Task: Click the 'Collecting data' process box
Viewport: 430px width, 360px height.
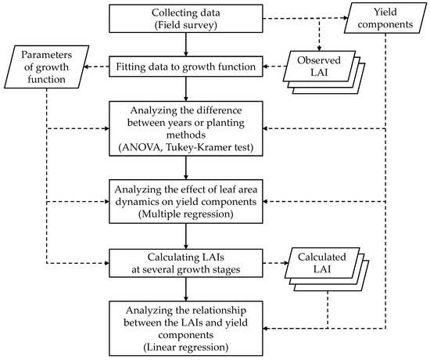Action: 186,21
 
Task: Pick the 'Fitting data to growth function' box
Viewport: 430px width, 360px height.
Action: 186,67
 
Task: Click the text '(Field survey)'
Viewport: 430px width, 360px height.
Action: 186,28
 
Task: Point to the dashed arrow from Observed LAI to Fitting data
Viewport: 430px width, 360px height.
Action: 274,67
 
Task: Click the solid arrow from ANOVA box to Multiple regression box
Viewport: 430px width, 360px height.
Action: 186,168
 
